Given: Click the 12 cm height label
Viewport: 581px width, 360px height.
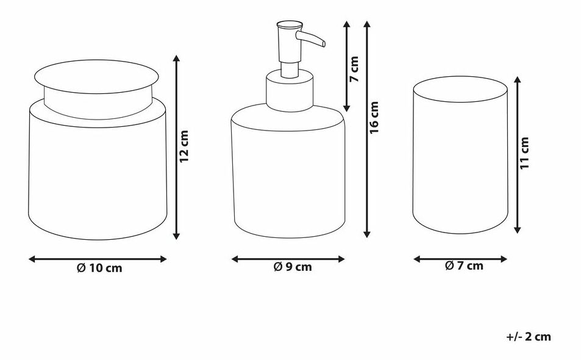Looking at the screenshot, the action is click(x=184, y=146).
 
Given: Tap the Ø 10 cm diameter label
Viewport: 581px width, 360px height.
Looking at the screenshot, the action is click(x=99, y=268).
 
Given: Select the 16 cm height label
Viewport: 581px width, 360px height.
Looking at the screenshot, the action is click(x=374, y=117).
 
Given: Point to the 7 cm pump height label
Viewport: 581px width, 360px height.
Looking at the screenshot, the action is click(x=354, y=69).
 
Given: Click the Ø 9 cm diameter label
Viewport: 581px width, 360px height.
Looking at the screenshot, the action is click(x=293, y=267).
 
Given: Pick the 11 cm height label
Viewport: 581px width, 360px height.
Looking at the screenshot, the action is click(x=524, y=153).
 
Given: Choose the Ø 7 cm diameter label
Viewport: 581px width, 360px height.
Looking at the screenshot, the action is click(x=464, y=265).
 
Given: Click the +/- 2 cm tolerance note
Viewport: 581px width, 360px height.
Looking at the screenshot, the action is click(x=529, y=337).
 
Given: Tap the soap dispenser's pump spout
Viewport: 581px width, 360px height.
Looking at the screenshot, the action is click(x=310, y=38).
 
